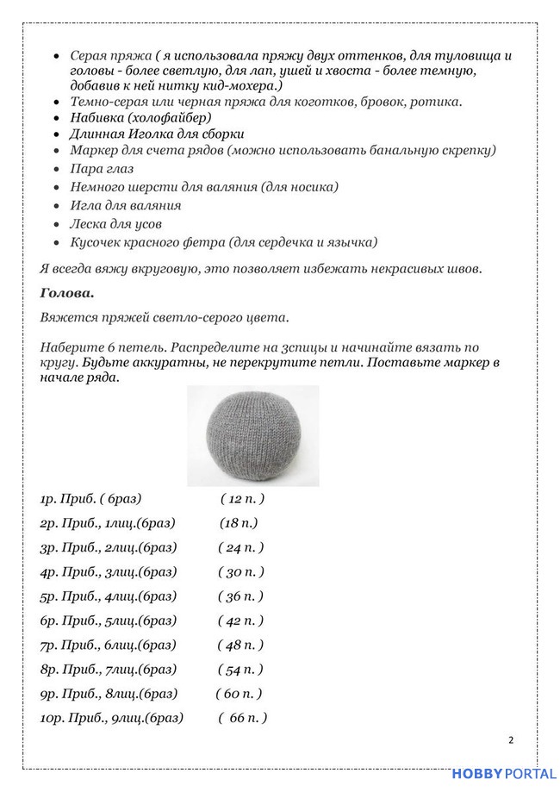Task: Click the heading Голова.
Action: (x=66, y=292)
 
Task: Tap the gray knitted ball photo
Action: (x=252, y=436)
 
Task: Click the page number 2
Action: (x=511, y=739)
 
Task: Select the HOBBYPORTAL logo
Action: (x=504, y=775)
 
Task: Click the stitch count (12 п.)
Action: (x=242, y=499)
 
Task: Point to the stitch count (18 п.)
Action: (x=239, y=523)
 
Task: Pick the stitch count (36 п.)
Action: (x=241, y=596)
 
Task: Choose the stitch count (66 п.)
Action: (x=243, y=718)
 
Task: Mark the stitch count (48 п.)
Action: (x=241, y=645)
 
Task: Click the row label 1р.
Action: (x=47, y=499)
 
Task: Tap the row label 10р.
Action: (x=51, y=718)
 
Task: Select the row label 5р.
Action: (x=48, y=596)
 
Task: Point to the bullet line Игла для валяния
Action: (x=126, y=205)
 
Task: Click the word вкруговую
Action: (x=163, y=268)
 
